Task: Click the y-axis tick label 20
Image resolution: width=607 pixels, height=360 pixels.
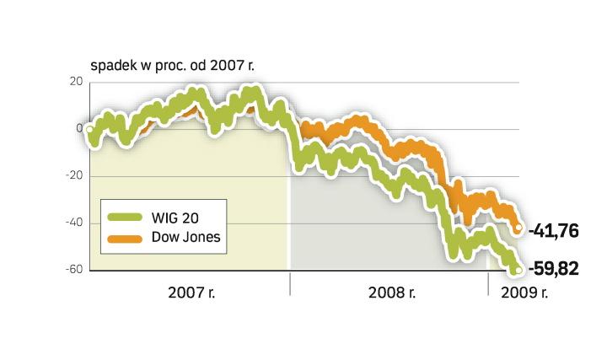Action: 76,82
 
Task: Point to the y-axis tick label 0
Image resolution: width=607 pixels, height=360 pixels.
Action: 79,129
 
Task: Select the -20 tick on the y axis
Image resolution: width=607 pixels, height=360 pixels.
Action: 74,176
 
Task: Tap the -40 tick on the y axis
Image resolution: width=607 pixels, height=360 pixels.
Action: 74,223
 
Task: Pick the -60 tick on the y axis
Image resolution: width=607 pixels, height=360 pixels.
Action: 74,270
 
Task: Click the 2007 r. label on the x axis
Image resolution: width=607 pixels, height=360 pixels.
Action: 191,293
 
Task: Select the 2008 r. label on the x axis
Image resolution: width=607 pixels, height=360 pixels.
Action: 392,293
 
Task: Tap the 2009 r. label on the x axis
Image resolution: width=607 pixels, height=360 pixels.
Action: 523,293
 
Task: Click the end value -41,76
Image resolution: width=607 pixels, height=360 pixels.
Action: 559,229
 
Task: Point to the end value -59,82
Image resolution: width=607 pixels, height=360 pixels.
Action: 560,270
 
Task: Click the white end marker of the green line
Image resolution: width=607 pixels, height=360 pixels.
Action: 517,269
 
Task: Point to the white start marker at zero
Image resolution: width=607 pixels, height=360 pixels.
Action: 90,129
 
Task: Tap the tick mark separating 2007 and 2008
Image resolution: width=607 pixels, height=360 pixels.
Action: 289,286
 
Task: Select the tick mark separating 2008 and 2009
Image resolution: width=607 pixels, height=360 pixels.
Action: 488,286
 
